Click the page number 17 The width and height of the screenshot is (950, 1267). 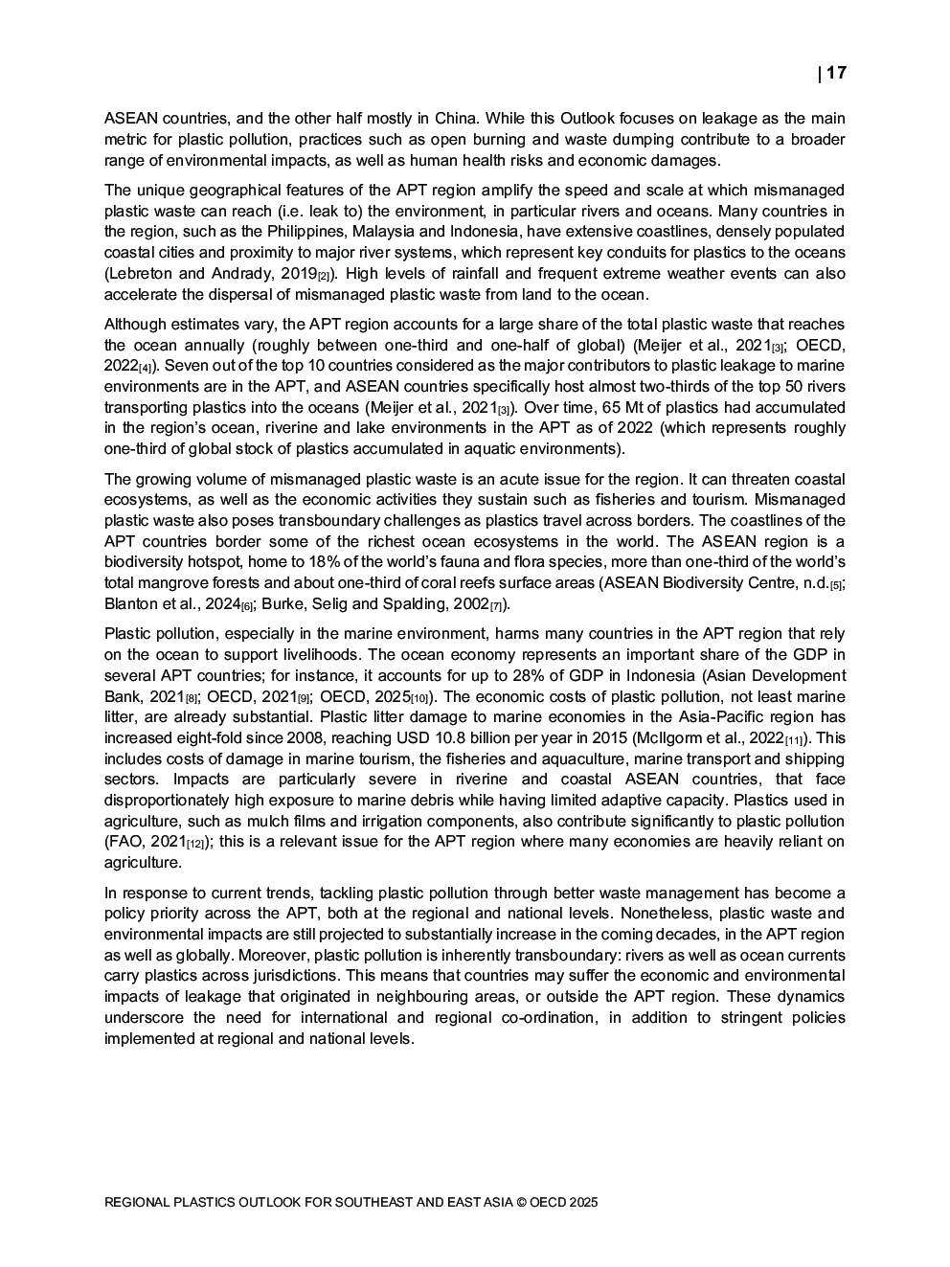(836, 73)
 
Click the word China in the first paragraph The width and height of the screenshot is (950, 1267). (456, 119)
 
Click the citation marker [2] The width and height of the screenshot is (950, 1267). (324, 276)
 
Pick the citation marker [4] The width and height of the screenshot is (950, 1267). (145, 368)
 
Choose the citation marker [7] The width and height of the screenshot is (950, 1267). (496, 605)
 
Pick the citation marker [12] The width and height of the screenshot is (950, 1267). (194, 844)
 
